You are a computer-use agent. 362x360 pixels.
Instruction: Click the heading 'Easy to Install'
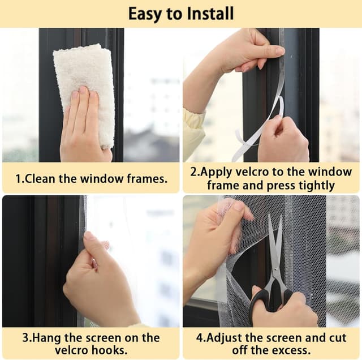[180, 14]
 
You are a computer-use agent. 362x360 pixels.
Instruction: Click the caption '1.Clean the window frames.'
[91, 179]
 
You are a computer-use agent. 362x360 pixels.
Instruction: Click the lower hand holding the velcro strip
[283, 142]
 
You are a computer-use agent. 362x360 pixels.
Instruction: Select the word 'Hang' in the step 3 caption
[43, 338]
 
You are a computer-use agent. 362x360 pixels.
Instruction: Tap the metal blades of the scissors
[275, 249]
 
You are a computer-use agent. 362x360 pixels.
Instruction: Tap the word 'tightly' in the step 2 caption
[314, 185]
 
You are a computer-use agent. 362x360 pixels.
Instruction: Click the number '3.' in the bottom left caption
[26, 338]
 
